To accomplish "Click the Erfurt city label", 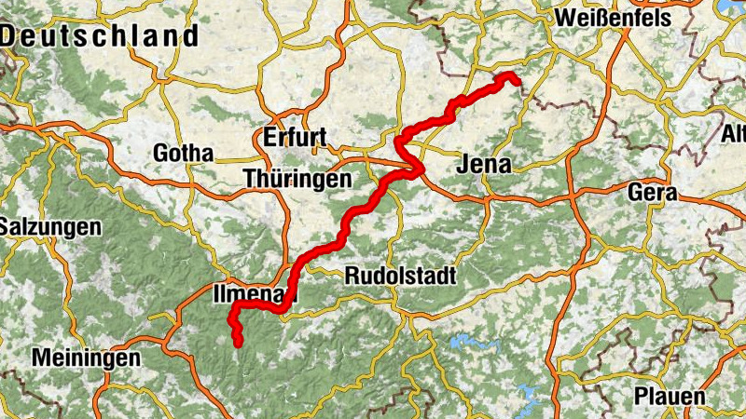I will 295,138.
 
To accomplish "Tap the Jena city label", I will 486,166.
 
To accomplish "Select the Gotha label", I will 183,153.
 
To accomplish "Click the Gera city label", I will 653,193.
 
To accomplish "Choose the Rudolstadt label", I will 400,276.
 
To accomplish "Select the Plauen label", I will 670,395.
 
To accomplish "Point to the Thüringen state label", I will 297,177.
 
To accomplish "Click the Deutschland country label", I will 101,36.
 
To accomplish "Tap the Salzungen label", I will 49,226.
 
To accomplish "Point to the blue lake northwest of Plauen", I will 528,395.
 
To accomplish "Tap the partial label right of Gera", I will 735,134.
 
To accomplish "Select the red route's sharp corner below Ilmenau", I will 233,307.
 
